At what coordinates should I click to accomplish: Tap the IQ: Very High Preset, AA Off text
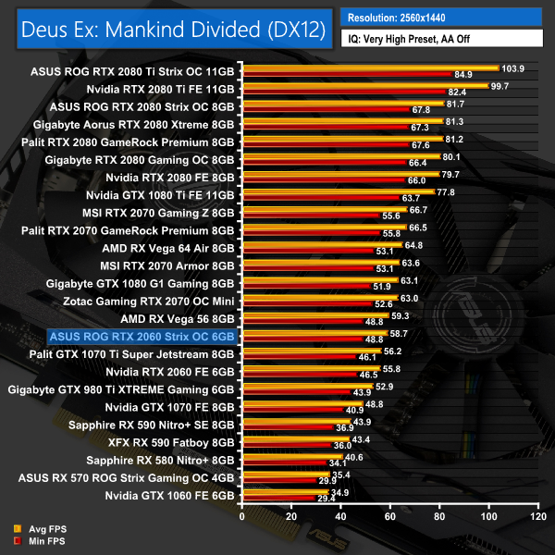pyautogui.click(x=414, y=40)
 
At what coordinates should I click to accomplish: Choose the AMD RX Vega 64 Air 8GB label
pyautogui.click(x=169, y=248)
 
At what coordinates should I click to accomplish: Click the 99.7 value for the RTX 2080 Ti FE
pyautogui.click(x=501, y=86)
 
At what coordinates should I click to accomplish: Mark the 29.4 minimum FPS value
pyautogui.click(x=327, y=499)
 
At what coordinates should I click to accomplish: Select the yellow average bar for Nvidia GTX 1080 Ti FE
pyautogui.click(x=337, y=191)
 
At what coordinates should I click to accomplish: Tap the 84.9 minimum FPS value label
pyautogui.click(x=463, y=74)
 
